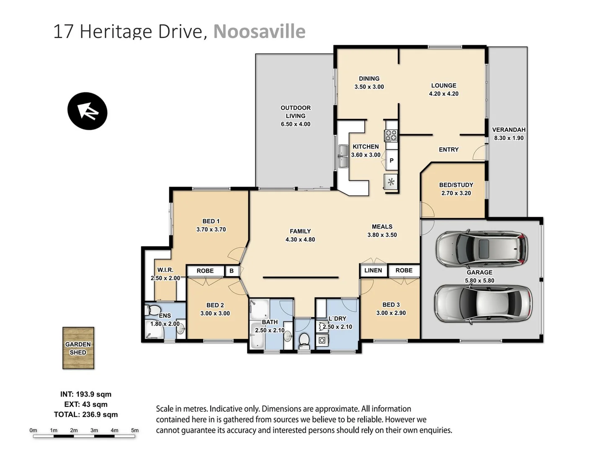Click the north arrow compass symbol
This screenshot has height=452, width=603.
(x=88, y=111)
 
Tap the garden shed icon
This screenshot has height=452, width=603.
(x=78, y=348)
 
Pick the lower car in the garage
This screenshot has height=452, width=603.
(x=483, y=303)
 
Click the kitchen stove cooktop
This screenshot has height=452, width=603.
(x=391, y=135)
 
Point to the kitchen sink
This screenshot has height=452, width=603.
(x=343, y=157)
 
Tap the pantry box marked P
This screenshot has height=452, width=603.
(x=392, y=160)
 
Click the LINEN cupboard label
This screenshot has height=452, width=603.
(x=373, y=270)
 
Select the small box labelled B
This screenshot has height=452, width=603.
(x=232, y=271)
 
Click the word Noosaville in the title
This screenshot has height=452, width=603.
(x=259, y=31)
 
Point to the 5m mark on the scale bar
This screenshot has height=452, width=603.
(x=135, y=430)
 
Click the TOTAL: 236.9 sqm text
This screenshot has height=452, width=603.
(x=86, y=414)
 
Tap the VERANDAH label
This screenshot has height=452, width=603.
(x=509, y=130)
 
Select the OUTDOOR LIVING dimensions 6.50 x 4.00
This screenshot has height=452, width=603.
(x=296, y=124)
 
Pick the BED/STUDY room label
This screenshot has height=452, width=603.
(x=456, y=185)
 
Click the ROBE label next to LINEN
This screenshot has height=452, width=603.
(x=404, y=270)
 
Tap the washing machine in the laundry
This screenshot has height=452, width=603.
(x=322, y=340)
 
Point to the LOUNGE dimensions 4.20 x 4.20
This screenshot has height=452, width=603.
(x=444, y=94)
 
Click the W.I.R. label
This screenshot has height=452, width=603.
(x=165, y=270)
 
